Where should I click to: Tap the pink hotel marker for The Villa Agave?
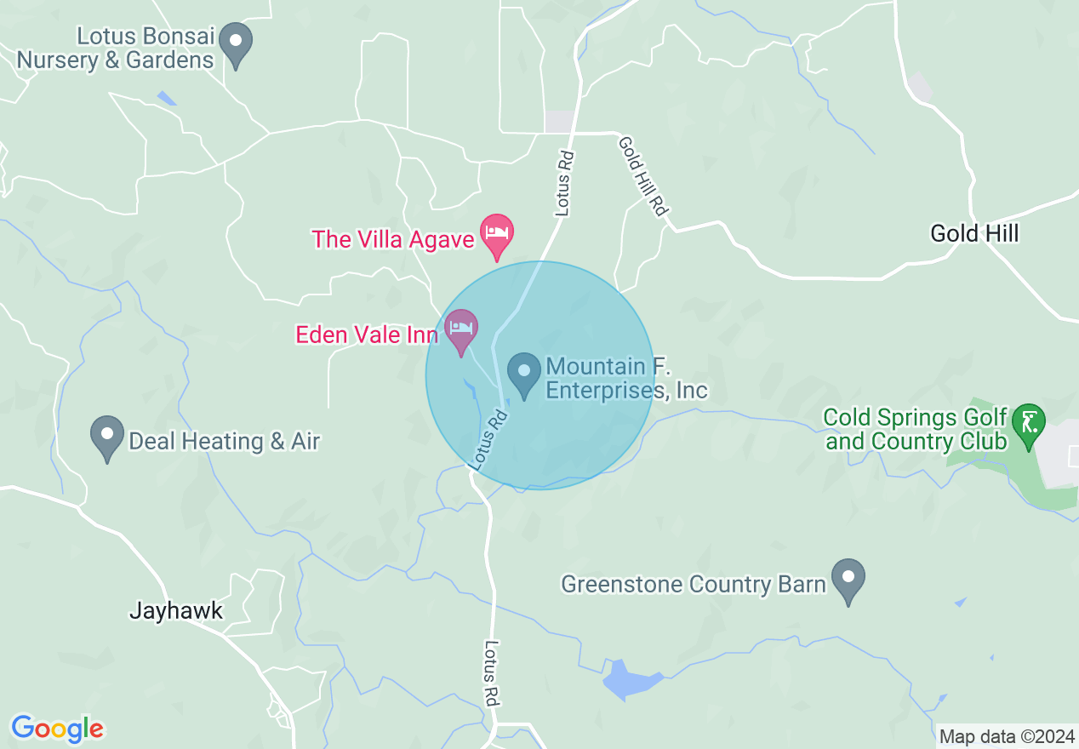coord(497,234)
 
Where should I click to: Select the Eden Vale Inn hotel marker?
coord(461,329)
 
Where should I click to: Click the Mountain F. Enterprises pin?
coord(524,373)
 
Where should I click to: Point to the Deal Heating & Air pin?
coord(107,435)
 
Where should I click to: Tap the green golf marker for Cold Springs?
coord(1029,423)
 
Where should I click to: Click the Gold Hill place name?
coord(974,233)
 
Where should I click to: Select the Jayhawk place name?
coord(176,610)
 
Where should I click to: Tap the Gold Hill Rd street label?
coord(641,176)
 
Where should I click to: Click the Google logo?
coord(58,729)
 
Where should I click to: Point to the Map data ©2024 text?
coord(1007,736)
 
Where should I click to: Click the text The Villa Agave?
coord(392,239)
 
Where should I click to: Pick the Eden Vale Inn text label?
coord(367,334)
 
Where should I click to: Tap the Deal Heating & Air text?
coord(224,441)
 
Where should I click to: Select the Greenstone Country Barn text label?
coord(694,584)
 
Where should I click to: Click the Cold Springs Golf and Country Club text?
coord(915,429)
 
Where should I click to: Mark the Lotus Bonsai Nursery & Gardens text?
coord(116,49)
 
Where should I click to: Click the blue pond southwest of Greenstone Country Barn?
coord(631,680)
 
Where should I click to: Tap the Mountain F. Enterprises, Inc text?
coord(626,379)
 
